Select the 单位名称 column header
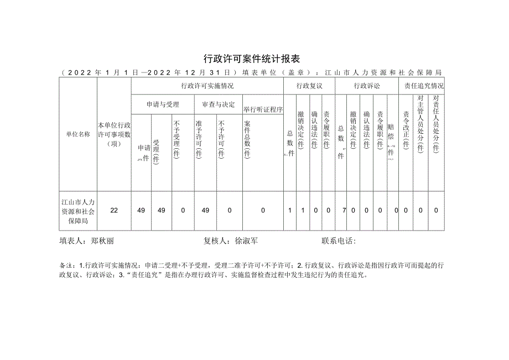tap(78, 134)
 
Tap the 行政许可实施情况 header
tap(207, 86)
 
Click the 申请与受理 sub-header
tap(163, 104)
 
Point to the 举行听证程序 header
tap(263, 109)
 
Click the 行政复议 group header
tap(309, 86)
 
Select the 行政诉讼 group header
tap(366, 86)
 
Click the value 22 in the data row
tap(114, 210)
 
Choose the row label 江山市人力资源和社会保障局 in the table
tap(78, 210)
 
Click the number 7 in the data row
tap(344, 210)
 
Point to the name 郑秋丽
tap(102, 241)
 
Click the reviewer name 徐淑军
tap(247, 241)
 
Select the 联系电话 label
tap(337, 241)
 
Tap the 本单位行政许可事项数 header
tap(114, 134)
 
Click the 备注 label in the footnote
tap(65, 265)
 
